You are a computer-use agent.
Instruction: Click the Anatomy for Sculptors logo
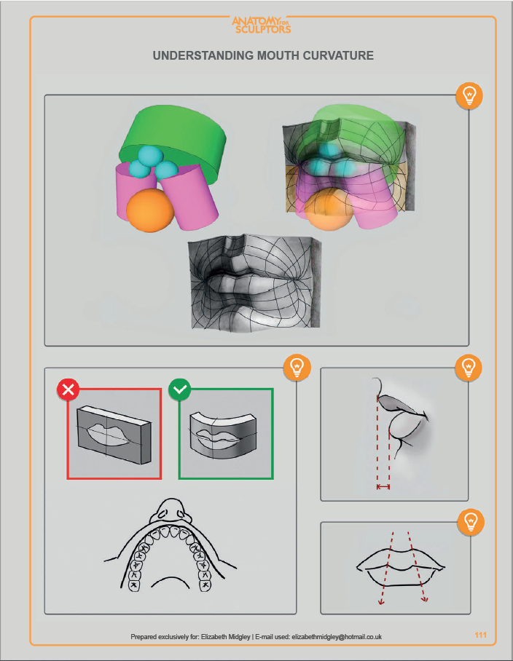pyautogui.click(x=261, y=25)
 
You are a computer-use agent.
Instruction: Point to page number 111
pyautogui.click(x=480, y=635)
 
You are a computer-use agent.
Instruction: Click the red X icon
pyautogui.click(x=68, y=389)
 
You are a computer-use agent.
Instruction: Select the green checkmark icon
pyautogui.click(x=180, y=389)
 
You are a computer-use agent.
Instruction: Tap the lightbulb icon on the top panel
pyautogui.click(x=469, y=95)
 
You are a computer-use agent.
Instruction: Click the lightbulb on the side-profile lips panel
pyautogui.click(x=469, y=368)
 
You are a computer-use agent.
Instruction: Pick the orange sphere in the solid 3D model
pyautogui.click(x=150, y=210)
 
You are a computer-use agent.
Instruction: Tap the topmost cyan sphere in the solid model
pyautogui.click(x=151, y=154)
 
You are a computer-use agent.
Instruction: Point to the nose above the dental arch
pyautogui.click(x=171, y=511)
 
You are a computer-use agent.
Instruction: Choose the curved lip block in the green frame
pyautogui.click(x=223, y=436)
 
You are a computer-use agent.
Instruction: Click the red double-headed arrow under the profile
pyautogui.click(x=383, y=487)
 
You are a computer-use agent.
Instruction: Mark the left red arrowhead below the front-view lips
pyautogui.click(x=381, y=601)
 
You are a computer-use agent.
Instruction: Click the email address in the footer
pyautogui.click(x=337, y=636)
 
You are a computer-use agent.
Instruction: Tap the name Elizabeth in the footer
pyautogui.click(x=214, y=636)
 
